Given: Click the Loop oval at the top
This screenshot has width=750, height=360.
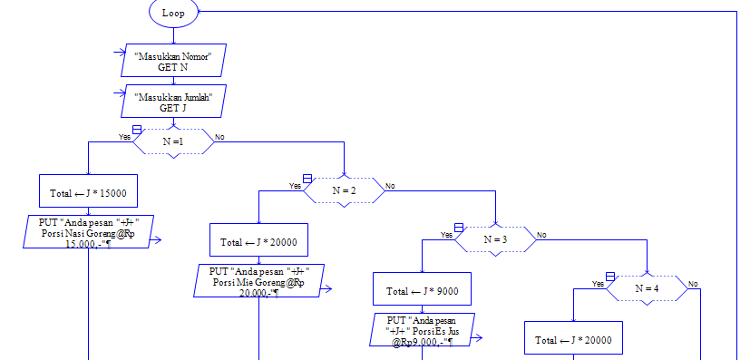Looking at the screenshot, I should click(x=173, y=13).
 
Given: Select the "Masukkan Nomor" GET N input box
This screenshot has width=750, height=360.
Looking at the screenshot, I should click(x=173, y=61).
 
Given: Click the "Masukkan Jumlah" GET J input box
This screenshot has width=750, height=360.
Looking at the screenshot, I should click(x=173, y=102).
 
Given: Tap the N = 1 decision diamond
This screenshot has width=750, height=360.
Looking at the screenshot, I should click(x=173, y=141).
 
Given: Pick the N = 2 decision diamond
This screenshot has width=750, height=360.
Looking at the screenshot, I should click(x=343, y=190).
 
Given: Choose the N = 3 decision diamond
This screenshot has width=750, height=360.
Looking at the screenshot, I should click(x=494, y=239).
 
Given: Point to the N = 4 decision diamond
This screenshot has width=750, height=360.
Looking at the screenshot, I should click(x=646, y=288).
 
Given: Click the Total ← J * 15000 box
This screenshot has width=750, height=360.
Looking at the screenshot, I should click(x=88, y=192).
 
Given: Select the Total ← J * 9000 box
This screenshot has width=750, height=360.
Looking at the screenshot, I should click(x=422, y=291).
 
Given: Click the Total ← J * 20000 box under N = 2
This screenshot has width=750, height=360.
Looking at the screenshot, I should click(x=258, y=242).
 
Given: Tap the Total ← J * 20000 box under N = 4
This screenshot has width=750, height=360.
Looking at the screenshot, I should click(x=573, y=340).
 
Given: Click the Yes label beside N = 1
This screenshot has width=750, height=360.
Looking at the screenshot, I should click(x=124, y=137).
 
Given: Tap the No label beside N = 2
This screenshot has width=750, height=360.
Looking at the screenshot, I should click(x=390, y=186).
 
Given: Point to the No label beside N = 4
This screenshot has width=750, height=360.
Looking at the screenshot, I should click(x=693, y=284).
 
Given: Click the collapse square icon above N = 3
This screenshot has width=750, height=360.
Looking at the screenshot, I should click(x=458, y=228).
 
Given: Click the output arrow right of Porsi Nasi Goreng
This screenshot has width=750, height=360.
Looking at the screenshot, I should click(x=156, y=240).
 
